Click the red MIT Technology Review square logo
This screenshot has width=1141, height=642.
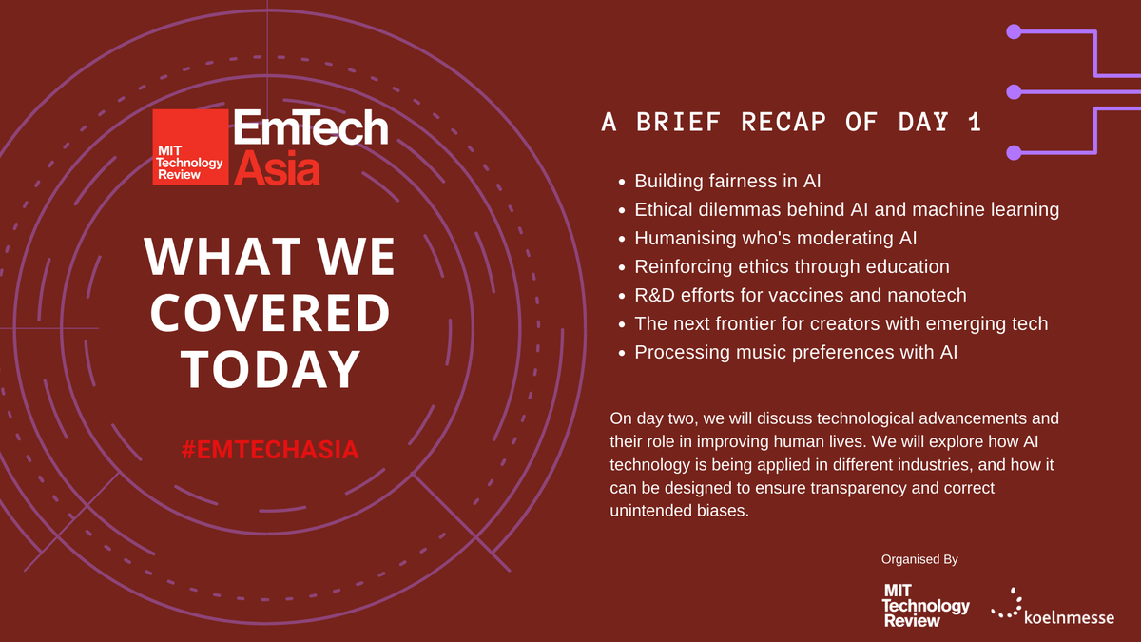tap(190, 146)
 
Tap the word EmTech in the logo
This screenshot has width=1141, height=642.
tap(311, 128)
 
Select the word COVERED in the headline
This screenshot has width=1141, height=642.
tap(269, 313)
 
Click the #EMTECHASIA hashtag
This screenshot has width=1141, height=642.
tap(270, 449)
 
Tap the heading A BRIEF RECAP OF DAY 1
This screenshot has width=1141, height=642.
tap(791, 123)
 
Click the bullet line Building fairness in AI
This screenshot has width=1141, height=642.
tap(727, 181)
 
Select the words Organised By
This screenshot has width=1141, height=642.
tap(919, 559)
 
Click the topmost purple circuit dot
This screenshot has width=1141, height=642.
tap(1014, 31)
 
